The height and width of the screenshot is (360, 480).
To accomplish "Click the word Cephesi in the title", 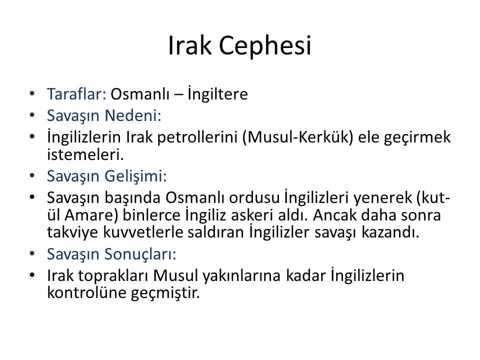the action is [265, 45].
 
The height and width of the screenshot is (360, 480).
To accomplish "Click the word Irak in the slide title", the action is [190, 45].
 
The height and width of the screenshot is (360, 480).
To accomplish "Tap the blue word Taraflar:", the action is [76, 93].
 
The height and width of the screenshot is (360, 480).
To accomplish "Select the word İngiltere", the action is [217, 93].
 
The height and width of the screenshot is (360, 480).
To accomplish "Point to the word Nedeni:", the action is [133, 115].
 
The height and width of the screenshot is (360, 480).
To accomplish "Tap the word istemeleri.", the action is [85, 154].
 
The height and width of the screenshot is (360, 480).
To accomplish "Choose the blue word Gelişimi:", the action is [135, 176].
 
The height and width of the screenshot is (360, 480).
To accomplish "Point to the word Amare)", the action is [91, 215].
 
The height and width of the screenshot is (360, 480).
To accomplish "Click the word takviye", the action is [72, 232].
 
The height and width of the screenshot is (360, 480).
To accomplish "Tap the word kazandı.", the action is [390, 232].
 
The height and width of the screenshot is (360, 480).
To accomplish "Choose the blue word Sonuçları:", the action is [140, 254].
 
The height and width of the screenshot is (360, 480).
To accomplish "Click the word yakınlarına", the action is [242, 275].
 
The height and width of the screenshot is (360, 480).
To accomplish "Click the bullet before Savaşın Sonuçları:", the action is [32, 254].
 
